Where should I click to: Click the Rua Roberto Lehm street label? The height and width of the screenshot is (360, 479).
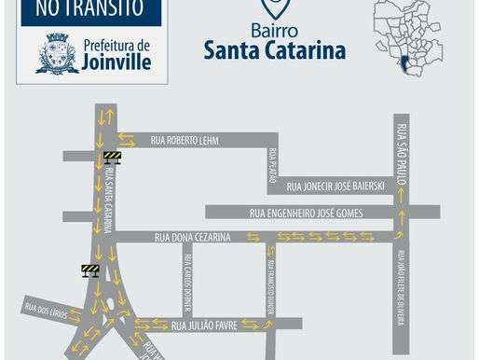click(184, 141)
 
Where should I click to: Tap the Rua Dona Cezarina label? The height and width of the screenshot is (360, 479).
click(192, 238)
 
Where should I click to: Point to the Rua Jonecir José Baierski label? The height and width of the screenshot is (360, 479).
click(336, 186)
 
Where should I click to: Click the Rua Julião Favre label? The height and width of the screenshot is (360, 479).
click(202, 325)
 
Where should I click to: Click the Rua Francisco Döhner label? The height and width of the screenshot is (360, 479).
click(270, 284)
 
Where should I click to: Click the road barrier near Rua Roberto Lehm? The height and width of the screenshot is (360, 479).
click(113, 158)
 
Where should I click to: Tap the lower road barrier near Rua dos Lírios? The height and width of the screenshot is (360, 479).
click(90, 270)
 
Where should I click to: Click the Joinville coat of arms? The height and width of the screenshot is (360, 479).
click(57, 54)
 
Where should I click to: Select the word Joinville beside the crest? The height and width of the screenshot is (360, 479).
click(116, 62)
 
